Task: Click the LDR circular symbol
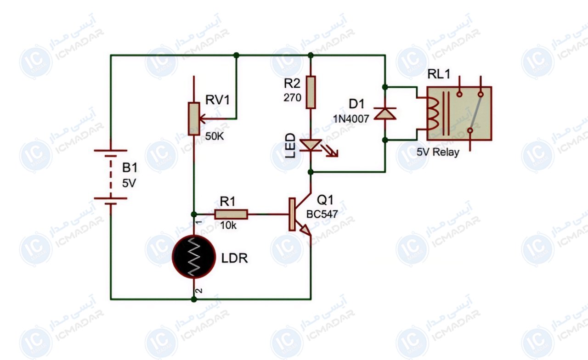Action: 194,257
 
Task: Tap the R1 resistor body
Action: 231,214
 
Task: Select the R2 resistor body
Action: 311,92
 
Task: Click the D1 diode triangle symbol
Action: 385,113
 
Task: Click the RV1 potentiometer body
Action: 194,119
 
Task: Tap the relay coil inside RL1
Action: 432,113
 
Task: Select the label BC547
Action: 322,214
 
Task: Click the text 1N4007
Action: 351,119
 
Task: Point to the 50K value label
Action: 215,136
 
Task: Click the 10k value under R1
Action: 228,225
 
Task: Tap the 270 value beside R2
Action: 292,98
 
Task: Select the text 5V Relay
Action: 438,152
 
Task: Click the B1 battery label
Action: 130,168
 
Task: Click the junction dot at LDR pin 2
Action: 194,299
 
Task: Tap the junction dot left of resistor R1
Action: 194,214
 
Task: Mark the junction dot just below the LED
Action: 311,172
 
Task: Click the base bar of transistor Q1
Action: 292,214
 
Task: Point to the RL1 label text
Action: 439,74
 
